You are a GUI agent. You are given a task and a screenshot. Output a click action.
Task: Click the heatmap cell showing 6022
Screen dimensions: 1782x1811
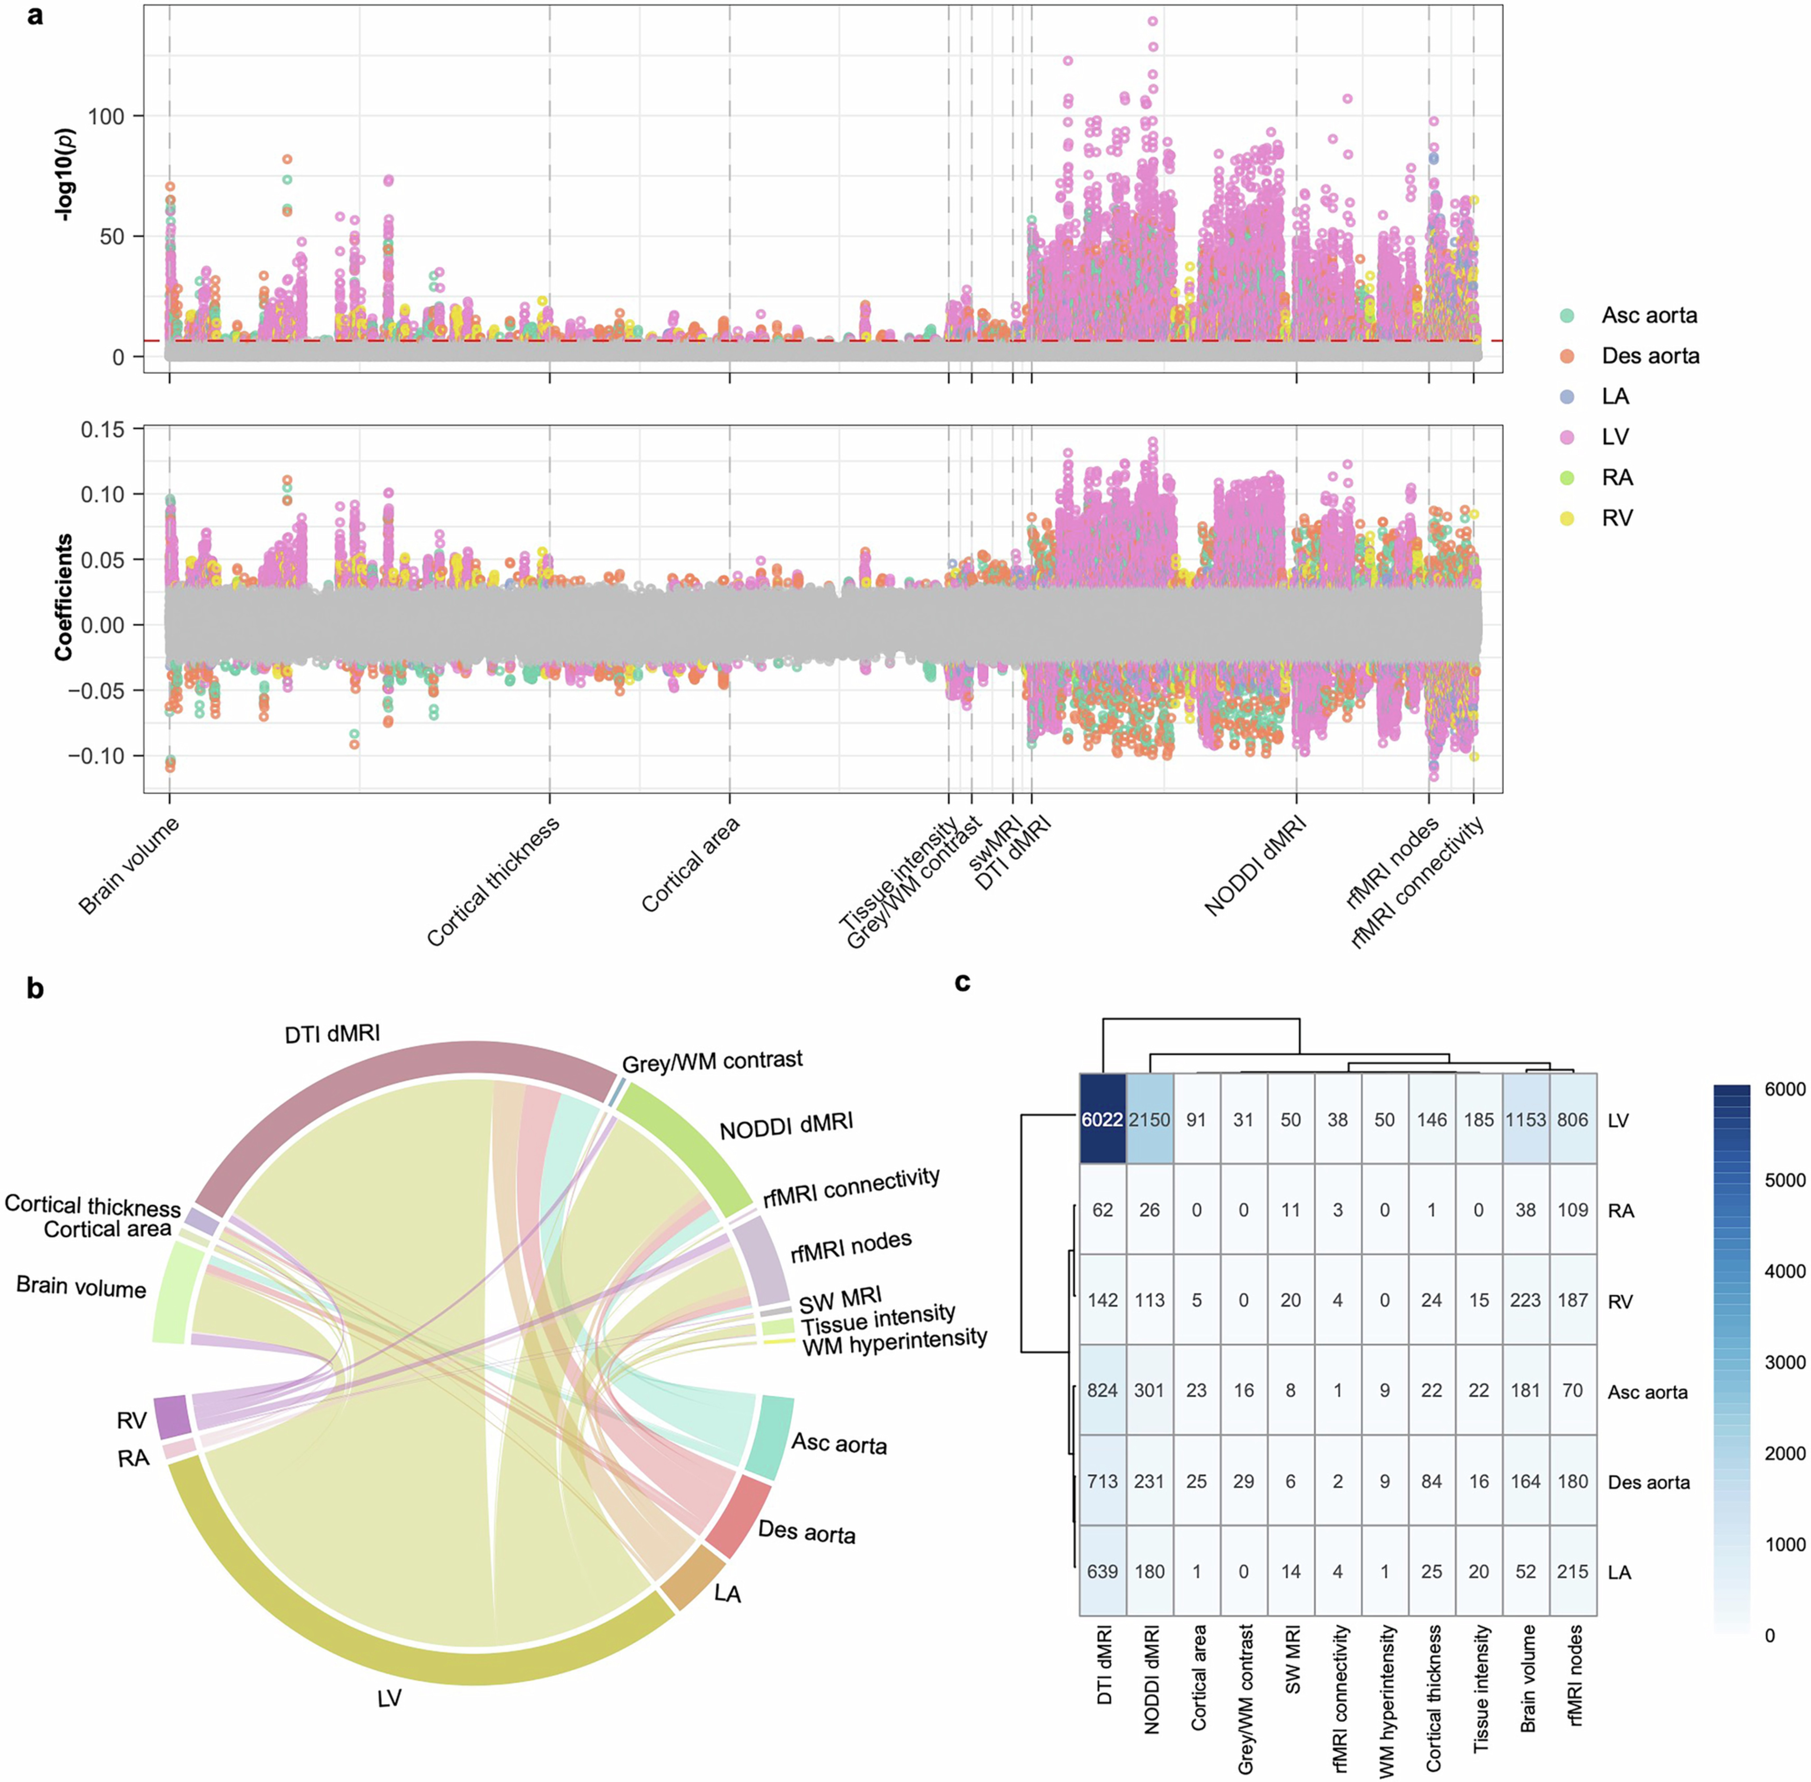tap(1103, 1119)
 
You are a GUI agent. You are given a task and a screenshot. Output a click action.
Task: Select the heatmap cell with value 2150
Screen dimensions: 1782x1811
tap(1149, 1119)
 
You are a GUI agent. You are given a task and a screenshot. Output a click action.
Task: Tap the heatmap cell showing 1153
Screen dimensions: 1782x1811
tap(1526, 1119)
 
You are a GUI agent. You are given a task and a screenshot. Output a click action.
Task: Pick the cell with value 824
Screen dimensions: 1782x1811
tap(1103, 1391)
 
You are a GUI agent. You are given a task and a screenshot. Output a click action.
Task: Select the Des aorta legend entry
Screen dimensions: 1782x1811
tap(1649, 356)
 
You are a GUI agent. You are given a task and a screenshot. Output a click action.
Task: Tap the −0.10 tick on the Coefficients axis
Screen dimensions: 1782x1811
tap(95, 756)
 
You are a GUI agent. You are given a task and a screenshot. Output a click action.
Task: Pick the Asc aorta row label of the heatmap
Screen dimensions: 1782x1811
tap(1647, 1392)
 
